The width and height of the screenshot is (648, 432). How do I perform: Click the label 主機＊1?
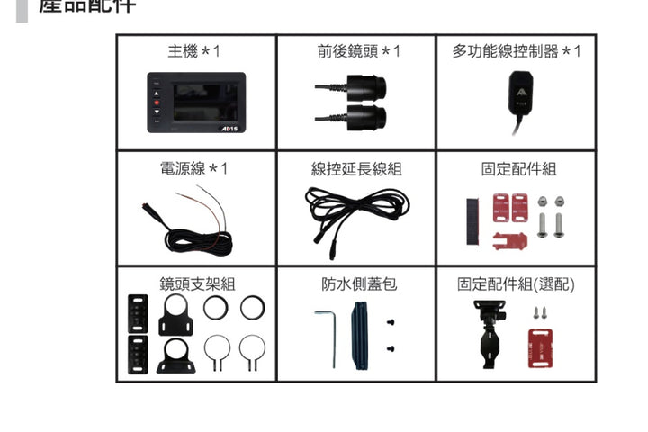[193, 52]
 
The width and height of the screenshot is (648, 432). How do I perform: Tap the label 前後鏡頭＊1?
[357, 52]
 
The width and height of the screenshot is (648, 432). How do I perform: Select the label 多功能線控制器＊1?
[516, 52]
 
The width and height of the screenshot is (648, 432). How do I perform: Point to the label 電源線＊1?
[193, 169]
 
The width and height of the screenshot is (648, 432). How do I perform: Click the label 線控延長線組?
[356, 169]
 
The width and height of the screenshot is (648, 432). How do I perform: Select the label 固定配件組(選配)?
[516, 284]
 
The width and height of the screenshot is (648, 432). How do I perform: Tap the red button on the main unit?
[156, 103]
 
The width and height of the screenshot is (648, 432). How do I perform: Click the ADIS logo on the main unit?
[229, 128]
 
